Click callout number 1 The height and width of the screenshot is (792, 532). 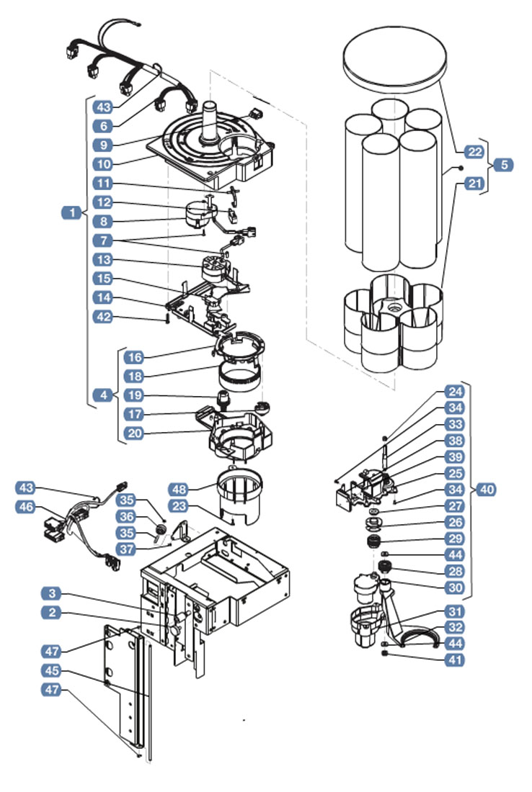click(x=72, y=212)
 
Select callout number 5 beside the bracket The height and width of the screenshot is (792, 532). click(x=504, y=165)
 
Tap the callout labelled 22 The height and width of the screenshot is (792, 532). click(x=474, y=151)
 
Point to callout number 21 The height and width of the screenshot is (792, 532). click(x=474, y=183)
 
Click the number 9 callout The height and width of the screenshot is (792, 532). click(x=103, y=145)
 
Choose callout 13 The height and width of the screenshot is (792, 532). click(x=103, y=260)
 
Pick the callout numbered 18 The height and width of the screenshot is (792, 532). click(x=135, y=377)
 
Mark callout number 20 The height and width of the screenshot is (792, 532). click(x=135, y=433)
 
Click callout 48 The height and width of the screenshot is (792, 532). click(x=179, y=489)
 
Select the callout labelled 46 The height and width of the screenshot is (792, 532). click(x=26, y=506)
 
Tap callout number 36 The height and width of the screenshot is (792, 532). click(x=126, y=516)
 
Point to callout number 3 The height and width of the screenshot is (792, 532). click(x=52, y=593)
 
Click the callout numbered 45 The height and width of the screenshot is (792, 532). click(x=52, y=670)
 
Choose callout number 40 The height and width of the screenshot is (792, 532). click(x=487, y=490)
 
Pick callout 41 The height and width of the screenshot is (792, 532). click(x=456, y=660)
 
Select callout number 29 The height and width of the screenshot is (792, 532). click(x=456, y=539)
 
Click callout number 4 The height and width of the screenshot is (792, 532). click(x=103, y=395)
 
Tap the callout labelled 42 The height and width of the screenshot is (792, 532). click(x=103, y=318)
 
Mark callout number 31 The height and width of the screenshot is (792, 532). click(x=456, y=612)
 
